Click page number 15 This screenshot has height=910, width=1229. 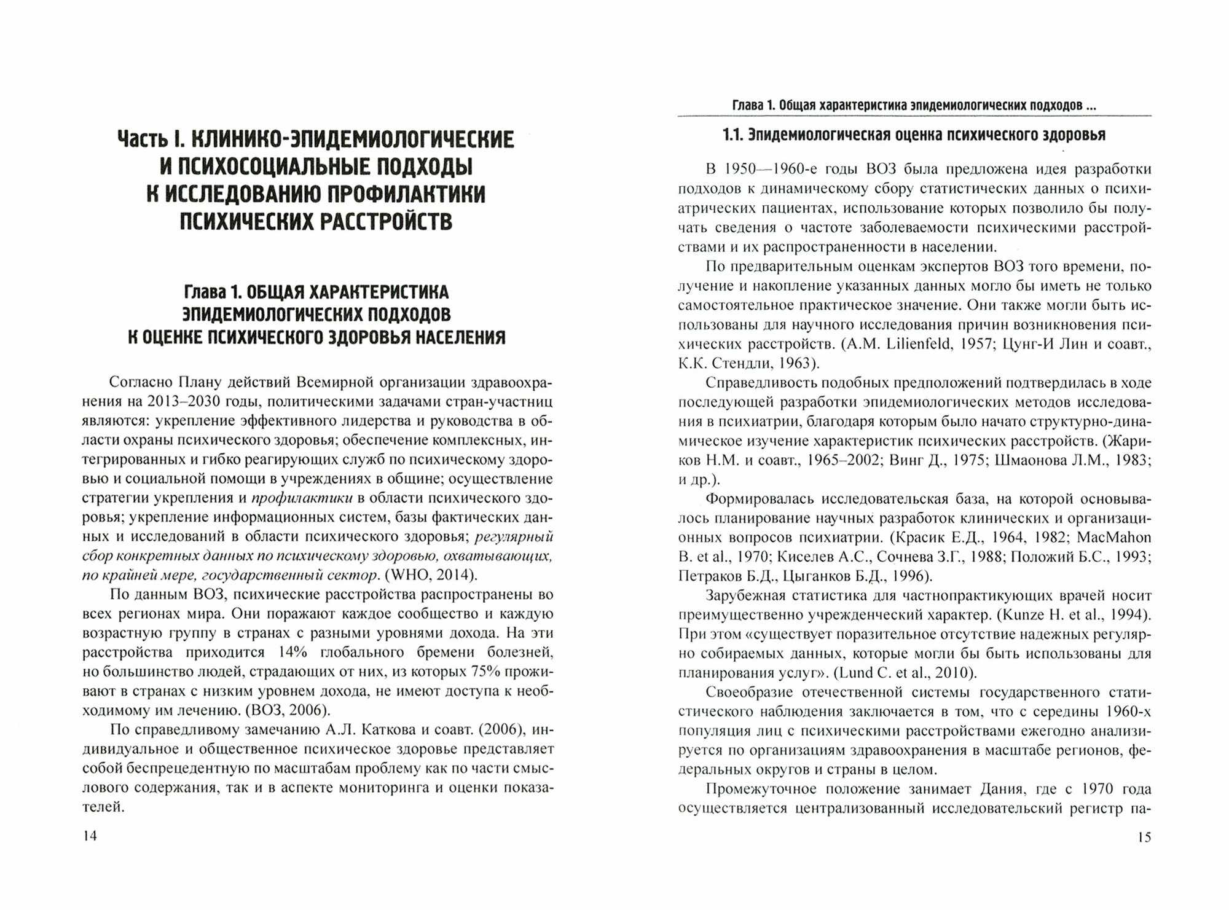(1144, 836)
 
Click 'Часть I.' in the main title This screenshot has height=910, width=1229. (151, 139)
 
